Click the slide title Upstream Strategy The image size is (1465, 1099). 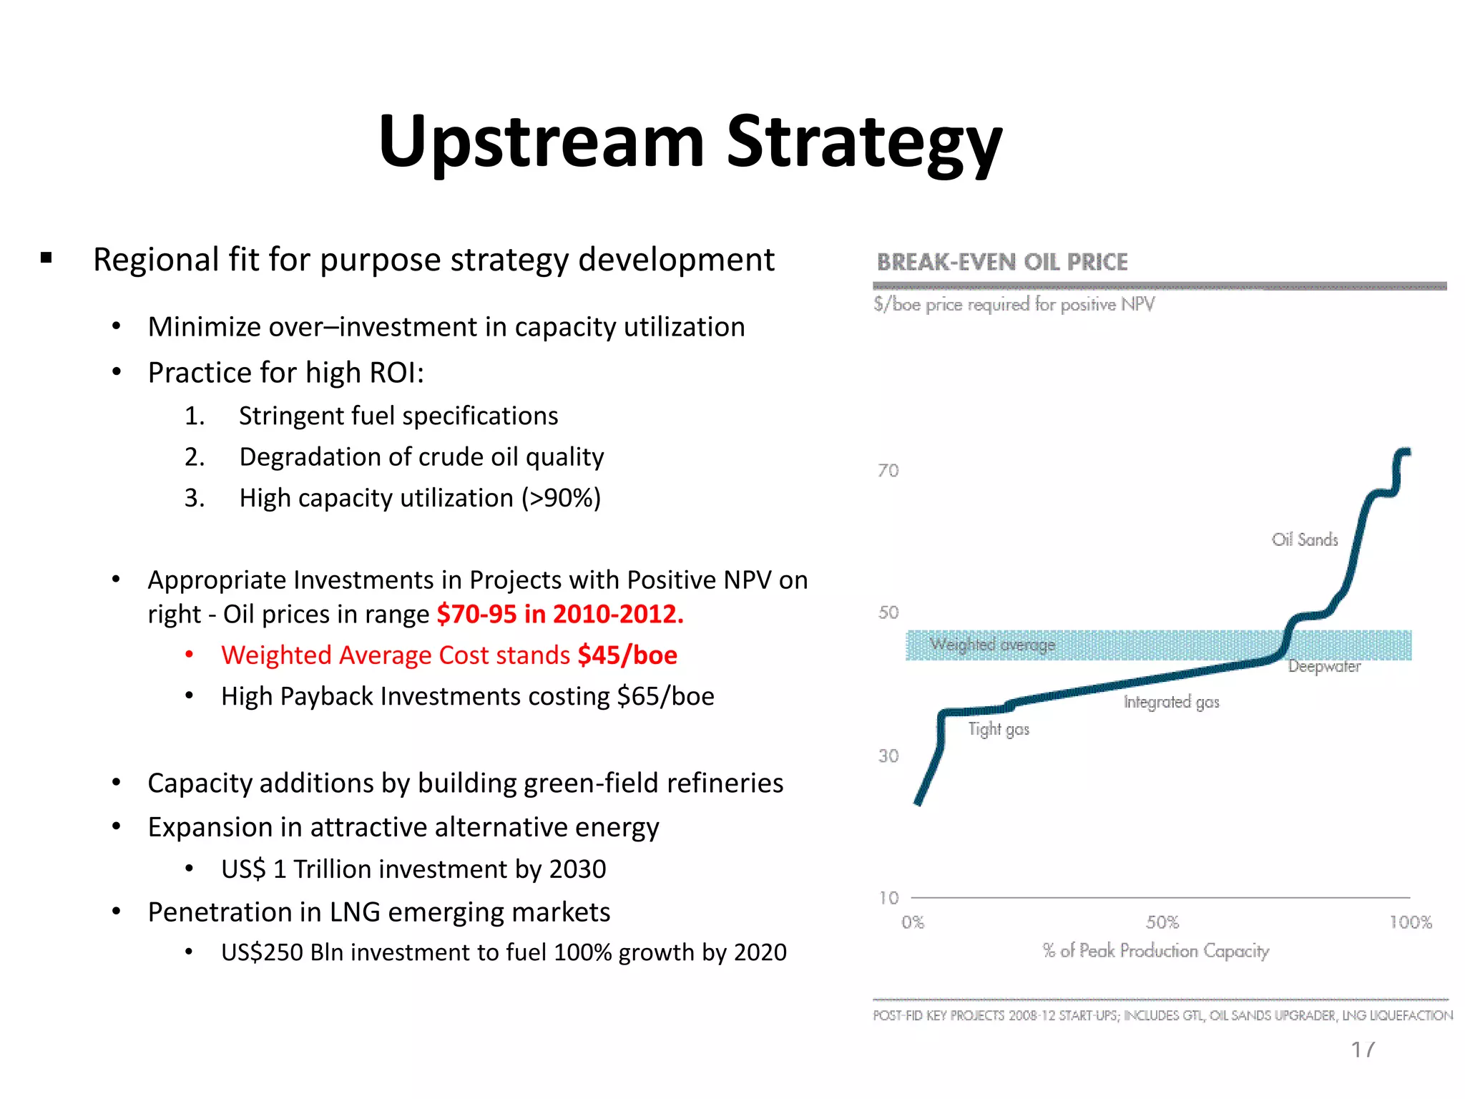[690, 142]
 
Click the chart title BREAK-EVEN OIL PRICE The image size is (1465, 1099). [1001, 263]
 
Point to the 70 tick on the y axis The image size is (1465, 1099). [888, 471]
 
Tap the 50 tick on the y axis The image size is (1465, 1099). [888, 612]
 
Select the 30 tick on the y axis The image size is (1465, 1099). [888, 756]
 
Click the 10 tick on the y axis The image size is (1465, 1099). [888, 898]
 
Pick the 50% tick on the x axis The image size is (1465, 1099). [1162, 922]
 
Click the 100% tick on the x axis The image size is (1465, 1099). [1410, 922]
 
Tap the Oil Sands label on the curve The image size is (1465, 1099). [1304, 540]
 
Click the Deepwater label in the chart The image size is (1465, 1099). [1323, 667]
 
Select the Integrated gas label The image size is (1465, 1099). [1171, 702]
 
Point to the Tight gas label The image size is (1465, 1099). [998, 729]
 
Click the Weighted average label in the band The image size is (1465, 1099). [992, 645]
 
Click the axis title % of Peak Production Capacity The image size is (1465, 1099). [1155, 951]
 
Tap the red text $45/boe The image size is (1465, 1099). [627, 655]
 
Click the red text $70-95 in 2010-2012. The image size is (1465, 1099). [560, 615]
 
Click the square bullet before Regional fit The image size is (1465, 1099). [46, 258]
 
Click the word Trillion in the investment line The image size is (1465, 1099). [331, 869]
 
